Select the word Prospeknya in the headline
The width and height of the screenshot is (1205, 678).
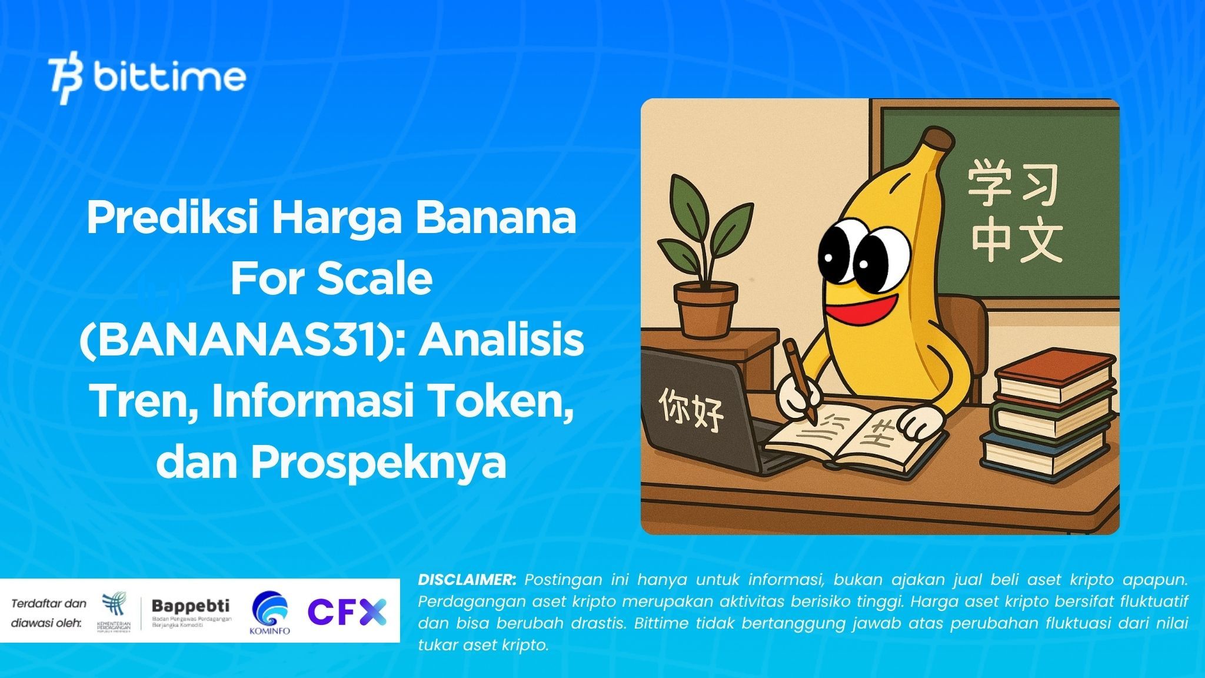(x=379, y=461)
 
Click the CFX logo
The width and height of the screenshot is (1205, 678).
(x=347, y=611)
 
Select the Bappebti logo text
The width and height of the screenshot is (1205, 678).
(x=191, y=606)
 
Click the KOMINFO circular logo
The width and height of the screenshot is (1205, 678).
(x=269, y=609)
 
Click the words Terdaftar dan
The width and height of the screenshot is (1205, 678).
(x=49, y=603)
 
